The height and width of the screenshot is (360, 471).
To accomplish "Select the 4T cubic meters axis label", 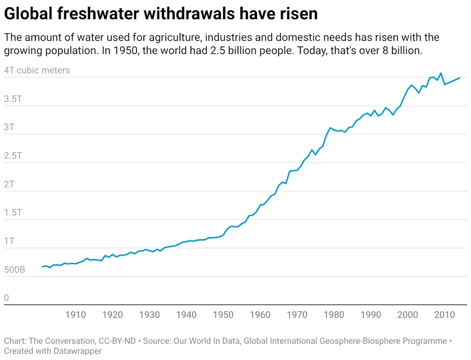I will (x=37, y=70).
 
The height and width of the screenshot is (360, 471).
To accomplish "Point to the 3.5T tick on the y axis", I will (x=13, y=99).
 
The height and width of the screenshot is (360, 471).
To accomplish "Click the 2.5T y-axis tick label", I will (x=13, y=156).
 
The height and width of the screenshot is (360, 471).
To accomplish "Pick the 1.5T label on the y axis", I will (x=13, y=213).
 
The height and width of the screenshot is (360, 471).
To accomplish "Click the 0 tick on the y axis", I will (x=6, y=298).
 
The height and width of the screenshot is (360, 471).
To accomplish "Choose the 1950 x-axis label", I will (x=223, y=314).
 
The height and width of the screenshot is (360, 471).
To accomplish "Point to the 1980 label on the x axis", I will (x=334, y=314).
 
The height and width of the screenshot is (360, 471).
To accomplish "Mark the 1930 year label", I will (x=149, y=314).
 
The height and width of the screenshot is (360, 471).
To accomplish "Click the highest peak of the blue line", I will (x=441, y=73).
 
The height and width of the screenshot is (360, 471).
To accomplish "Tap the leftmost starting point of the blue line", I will (x=42, y=267).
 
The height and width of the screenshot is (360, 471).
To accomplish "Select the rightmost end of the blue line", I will (x=460, y=78).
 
